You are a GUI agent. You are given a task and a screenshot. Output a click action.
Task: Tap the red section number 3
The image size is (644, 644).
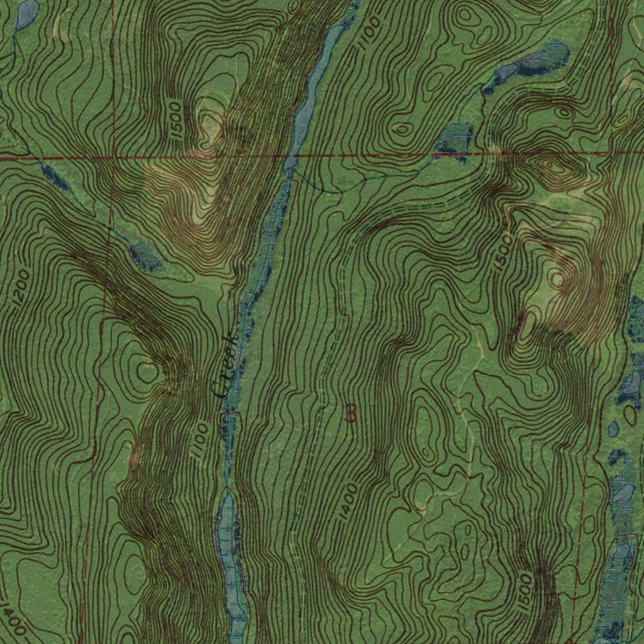coord(351,413)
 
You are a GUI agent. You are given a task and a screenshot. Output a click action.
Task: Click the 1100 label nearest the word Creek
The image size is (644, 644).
coord(200,440)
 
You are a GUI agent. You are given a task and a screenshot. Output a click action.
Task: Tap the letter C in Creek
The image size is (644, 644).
coord(220,390)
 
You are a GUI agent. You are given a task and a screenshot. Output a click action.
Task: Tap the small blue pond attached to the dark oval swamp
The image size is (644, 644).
coord(507,71)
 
